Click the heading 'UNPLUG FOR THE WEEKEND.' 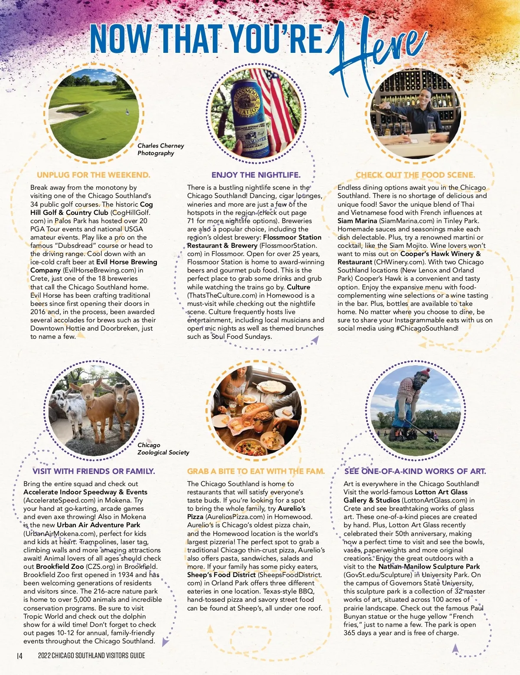point(94,175)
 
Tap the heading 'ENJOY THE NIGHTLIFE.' point(256,175)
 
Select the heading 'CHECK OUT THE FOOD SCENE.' point(415,175)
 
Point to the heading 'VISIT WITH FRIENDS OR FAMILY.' point(94,471)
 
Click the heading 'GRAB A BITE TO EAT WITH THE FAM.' point(256,471)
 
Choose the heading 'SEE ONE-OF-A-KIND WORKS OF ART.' point(415,471)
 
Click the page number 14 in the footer point(19,656)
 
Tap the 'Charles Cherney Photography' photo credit point(160,149)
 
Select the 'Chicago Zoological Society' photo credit point(163,449)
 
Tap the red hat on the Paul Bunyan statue point(424,373)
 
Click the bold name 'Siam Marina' point(357,221)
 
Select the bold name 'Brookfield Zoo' point(60,567)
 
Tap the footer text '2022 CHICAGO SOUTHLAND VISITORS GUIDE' point(91,656)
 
